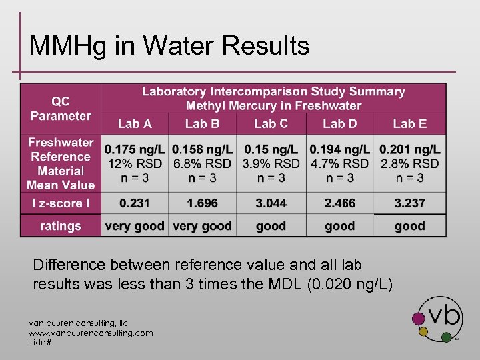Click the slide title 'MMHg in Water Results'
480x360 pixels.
click(169, 46)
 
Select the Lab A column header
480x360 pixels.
click(135, 123)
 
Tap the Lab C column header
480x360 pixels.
click(271, 123)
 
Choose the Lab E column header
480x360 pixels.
click(409, 123)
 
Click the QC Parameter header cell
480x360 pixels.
click(61, 108)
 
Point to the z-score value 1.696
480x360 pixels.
click(202, 203)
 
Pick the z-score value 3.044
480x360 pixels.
click(271, 203)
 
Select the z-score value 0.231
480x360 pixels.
click(135, 203)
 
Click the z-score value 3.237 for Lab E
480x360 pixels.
click(409, 203)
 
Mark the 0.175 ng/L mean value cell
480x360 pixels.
click(135, 163)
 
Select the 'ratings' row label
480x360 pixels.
click(61, 226)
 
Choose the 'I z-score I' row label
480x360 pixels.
click(61, 203)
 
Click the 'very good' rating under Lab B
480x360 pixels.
click(202, 226)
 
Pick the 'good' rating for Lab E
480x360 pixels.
click(409, 226)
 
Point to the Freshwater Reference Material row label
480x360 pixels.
click(61, 163)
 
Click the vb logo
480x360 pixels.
click(439, 318)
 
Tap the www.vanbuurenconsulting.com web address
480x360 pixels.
click(91, 333)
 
